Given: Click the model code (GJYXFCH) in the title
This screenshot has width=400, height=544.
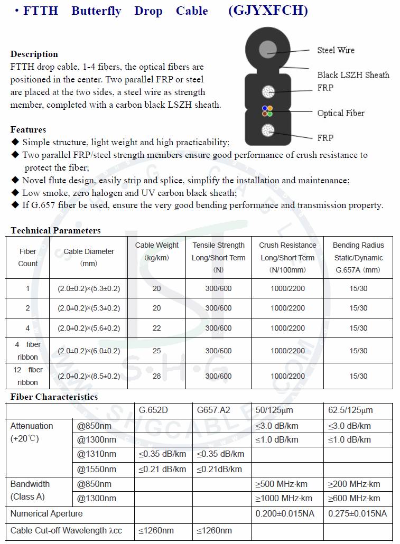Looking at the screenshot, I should click(x=268, y=11).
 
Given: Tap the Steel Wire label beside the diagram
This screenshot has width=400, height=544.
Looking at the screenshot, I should click(x=336, y=50).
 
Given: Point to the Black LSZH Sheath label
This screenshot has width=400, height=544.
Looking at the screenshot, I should click(x=353, y=75).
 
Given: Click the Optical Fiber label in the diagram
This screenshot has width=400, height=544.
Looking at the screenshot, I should click(x=341, y=113).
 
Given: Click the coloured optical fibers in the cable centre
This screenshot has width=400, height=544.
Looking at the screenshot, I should click(x=267, y=111).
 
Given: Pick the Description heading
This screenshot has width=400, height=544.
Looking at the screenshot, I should click(x=34, y=54).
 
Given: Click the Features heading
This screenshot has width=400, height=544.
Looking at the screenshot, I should click(x=28, y=129).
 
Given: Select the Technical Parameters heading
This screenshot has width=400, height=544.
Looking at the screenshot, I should click(x=55, y=230).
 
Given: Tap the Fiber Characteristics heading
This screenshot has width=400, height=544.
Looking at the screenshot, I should click(x=54, y=397).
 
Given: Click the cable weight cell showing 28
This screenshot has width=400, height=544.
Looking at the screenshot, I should click(x=156, y=376).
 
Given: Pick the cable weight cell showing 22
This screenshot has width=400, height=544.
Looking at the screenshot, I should click(x=156, y=328).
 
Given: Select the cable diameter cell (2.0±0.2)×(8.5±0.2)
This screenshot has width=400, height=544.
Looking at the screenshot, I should click(x=89, y=376).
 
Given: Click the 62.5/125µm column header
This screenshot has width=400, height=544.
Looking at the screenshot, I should click(x=350, y=410).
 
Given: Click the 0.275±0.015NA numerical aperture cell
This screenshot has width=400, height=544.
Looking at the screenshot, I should click(x=357, y=513).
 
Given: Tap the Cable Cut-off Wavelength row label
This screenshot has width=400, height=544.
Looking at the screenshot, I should click(x=66, y=530).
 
